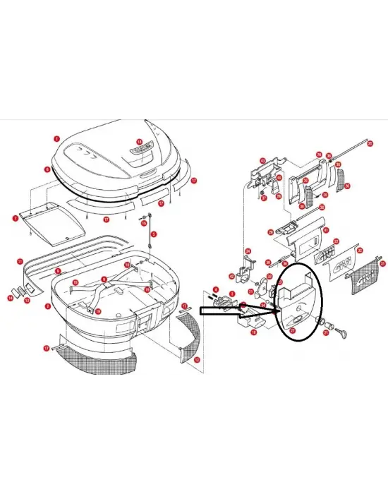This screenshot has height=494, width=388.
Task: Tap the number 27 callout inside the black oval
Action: [x=292, y=330]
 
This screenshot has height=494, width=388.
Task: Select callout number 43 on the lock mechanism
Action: [x=262, y=161]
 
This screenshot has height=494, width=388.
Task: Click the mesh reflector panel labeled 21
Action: [x=370, y=274]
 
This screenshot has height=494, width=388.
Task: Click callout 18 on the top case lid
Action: [x=139, y=142]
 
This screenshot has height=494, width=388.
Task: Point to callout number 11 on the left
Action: [x=20, y=261]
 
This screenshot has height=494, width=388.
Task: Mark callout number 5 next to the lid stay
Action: [x=152, y=233]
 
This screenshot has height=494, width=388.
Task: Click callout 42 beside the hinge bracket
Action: [x=231, y=277]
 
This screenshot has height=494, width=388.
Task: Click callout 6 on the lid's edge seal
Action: [x=47, y=169]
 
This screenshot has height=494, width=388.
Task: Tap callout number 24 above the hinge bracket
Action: [x=248, y=251]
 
